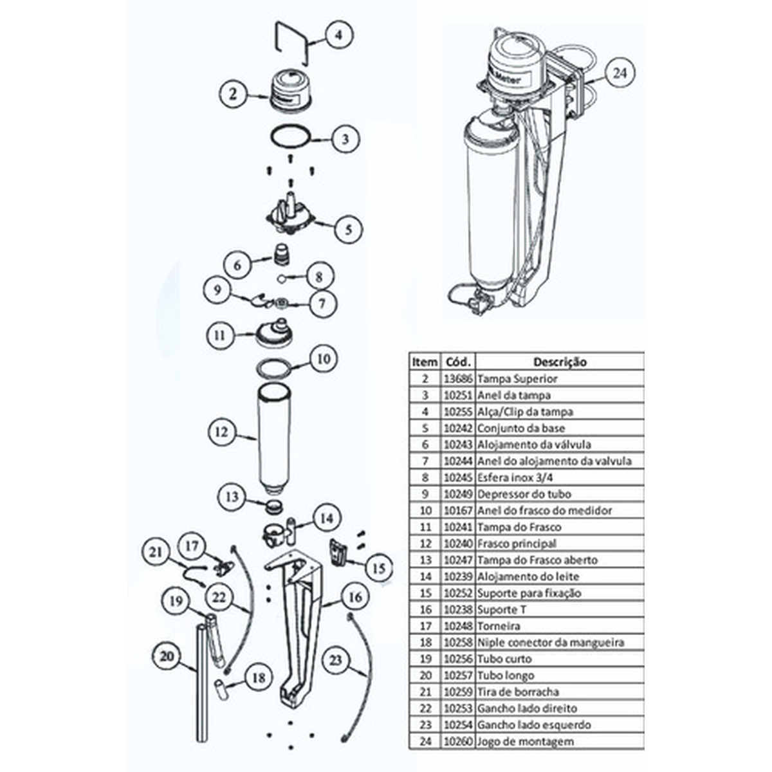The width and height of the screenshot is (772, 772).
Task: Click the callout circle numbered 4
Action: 338,35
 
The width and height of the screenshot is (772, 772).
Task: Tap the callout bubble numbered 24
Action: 619,73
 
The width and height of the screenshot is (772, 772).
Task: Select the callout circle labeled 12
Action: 221,432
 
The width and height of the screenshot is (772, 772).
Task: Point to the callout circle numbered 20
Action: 167,656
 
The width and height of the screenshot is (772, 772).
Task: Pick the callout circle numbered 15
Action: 379,568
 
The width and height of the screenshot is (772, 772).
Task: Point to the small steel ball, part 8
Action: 281,279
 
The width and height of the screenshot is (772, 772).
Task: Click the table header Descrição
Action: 560,362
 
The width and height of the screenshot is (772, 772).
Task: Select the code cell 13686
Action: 459,379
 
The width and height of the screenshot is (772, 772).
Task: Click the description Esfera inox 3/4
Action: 515,477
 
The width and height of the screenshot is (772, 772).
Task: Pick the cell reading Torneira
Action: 499,626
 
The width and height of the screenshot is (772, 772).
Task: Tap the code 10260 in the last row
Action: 459,741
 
